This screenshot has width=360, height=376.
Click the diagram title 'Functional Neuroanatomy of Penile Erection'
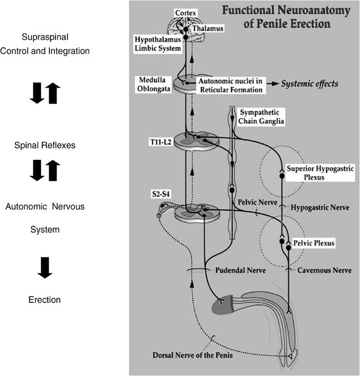pyautogui.click(x=288, y=17)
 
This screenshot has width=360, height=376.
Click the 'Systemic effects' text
pyautogui.click(x=308, y=84)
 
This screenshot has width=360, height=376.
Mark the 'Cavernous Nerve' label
pyautogui.click(x=321, y=270)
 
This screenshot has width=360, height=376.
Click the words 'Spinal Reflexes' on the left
pyautogui.click(x=45, y=145)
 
